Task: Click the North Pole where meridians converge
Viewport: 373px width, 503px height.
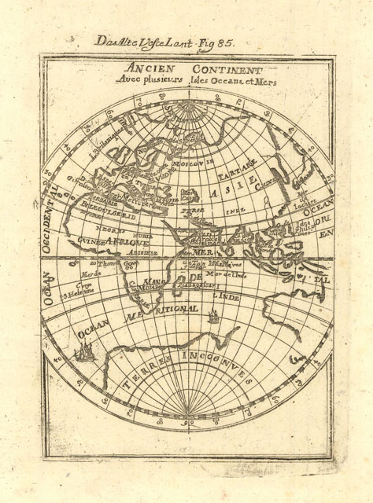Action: pos(186,93)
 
